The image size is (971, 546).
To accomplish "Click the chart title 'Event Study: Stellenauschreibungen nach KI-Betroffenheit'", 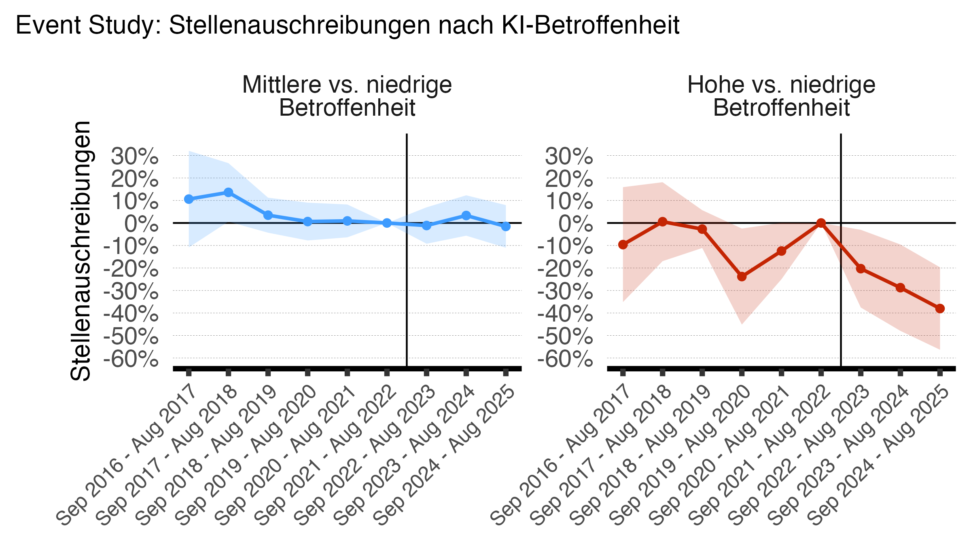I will point(347,25).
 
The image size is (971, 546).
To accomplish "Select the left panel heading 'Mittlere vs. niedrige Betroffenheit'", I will point(347,96).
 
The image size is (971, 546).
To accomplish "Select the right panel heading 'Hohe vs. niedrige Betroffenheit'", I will point(781,96).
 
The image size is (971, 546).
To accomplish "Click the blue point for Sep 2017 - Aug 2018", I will point(228,192).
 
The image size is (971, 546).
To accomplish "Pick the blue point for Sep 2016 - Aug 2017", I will point(189,199).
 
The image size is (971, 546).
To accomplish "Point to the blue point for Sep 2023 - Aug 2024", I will point(466,216).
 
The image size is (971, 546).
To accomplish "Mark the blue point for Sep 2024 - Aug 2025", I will point(506,226).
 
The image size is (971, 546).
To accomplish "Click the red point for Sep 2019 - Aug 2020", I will point(742,277).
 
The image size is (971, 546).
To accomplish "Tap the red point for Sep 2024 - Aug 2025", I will point(940,309).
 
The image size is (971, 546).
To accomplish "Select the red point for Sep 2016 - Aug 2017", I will point(623,245).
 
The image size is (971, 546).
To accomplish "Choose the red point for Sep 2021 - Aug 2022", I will point(821,223).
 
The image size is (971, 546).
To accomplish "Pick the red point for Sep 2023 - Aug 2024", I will point(900,288).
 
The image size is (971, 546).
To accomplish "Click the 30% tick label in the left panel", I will point(135,157).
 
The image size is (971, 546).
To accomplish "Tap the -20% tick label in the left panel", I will point(131,269).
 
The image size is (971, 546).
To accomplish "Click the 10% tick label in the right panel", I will point(569,201).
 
